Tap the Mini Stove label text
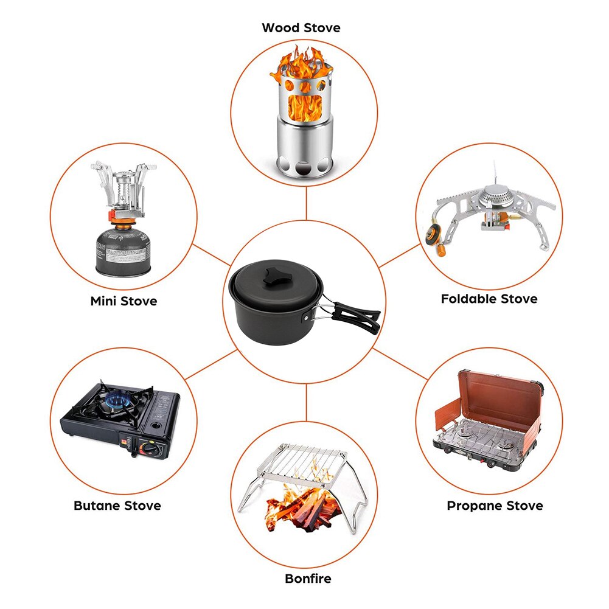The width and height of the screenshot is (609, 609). [x=124, y=301]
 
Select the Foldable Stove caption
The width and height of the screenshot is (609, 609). [x=489, y=299]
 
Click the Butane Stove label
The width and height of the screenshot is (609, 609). [x=117, y=506]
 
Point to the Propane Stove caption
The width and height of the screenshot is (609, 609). [x=495, y=506]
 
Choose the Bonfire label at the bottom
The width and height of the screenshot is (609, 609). [x=308, y=578]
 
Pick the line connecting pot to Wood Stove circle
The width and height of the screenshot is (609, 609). [x=307, y=204]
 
